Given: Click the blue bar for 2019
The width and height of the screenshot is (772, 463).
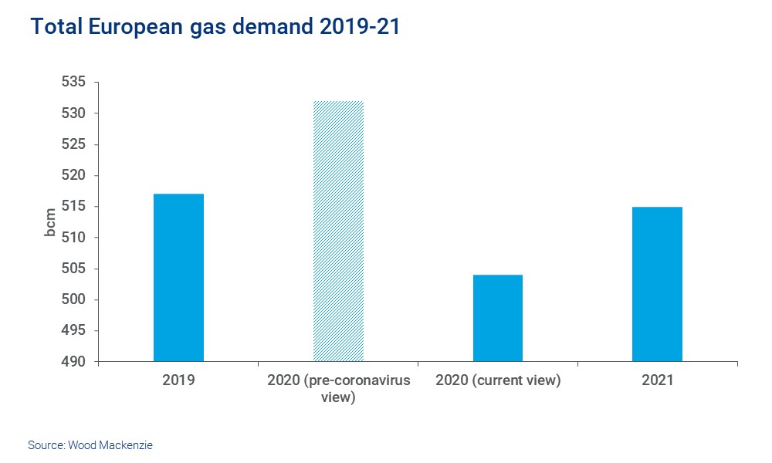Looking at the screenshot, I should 178,278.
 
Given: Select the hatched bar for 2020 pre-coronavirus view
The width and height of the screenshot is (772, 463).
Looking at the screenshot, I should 338,231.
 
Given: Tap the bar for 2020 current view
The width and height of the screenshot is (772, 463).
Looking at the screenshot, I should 497,318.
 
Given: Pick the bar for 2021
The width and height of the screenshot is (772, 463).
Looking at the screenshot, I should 657,284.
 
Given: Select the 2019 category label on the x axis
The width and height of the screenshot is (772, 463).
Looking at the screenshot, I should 178,380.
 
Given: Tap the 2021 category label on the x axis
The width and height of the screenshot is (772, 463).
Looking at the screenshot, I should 657,380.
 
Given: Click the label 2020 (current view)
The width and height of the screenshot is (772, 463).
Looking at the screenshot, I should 497,380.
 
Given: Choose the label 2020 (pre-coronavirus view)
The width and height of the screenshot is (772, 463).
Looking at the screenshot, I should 338,389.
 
